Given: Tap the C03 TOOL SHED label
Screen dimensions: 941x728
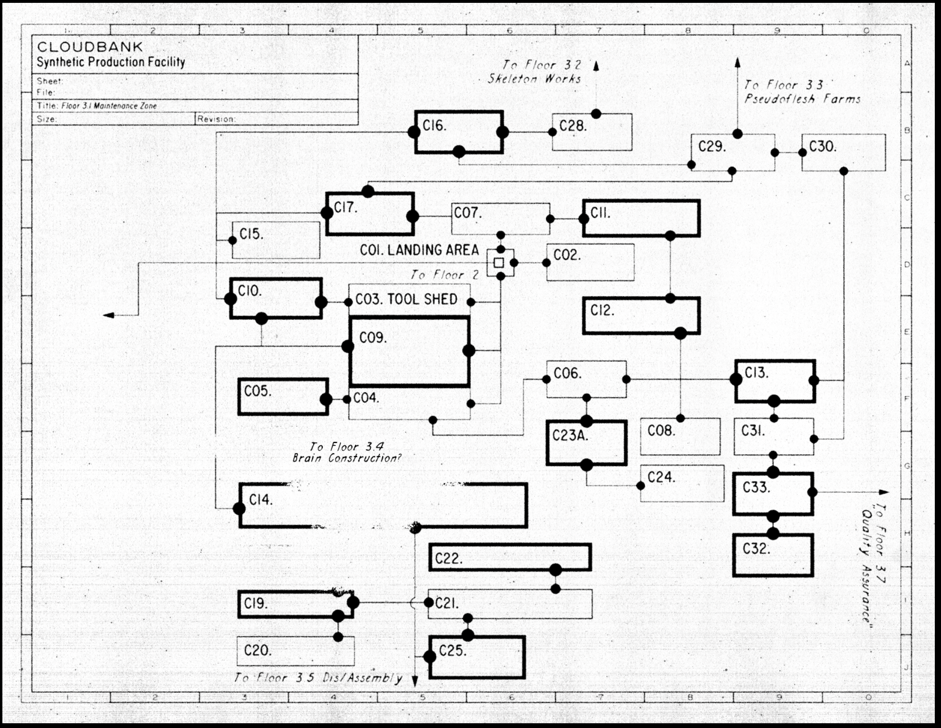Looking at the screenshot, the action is (x=406, y=299).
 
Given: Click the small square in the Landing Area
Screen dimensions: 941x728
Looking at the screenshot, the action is (x=499, y=263).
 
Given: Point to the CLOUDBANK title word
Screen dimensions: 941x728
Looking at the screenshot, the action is (x=90, y=47).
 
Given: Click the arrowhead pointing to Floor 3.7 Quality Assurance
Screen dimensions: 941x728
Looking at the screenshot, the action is (x=884, y=492).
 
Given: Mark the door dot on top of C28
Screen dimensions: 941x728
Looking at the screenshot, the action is (x=596, y=114).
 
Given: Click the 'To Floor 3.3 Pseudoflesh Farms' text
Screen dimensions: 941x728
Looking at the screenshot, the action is (x=803, y=92).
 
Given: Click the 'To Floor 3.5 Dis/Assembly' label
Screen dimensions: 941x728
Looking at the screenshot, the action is (x=318, y=678).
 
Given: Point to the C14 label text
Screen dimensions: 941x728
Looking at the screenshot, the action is (x=261, y=500).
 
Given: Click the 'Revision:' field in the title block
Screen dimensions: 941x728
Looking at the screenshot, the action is (x=216, y=119).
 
